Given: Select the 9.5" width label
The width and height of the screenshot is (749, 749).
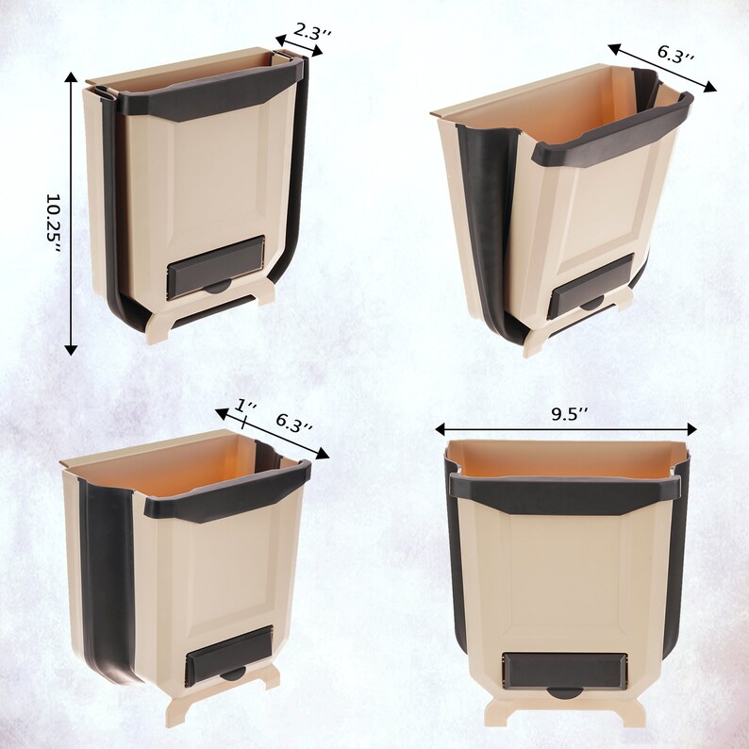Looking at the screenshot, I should click(x=569, y=412).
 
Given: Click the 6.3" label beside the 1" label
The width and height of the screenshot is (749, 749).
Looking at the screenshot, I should click(x=294, y=426).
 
